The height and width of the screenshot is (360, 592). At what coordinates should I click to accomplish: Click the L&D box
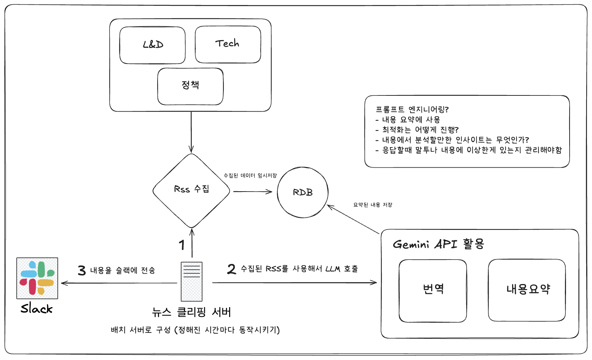(x=153, y=45)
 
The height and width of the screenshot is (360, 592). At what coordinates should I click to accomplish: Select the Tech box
(x=228, y=44)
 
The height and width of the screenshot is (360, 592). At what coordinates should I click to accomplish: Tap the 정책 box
(x=190, y=86)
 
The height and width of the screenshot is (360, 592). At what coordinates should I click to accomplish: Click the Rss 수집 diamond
(x=191, y=190)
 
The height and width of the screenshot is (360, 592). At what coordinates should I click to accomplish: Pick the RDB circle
(x=303, y=192)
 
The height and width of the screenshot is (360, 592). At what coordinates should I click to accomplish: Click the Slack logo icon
(x=37, y=278)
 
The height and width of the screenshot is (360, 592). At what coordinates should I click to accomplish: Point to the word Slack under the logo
(x=37, y=309)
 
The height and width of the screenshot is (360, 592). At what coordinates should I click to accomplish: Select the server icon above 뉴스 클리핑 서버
(x=192, y=282)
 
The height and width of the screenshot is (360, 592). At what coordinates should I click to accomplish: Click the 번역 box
(x=433, y=290)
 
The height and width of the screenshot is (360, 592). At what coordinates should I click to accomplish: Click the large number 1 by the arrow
(x=182, y=245)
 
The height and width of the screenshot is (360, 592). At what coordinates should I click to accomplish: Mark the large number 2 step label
(x=231, y=269)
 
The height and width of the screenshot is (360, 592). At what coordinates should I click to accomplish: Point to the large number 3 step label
(x=82, y=270)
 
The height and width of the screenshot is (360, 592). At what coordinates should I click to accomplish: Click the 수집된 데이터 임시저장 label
(x=250, y=176)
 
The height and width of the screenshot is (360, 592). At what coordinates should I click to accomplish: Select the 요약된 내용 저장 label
(x=373, y=205)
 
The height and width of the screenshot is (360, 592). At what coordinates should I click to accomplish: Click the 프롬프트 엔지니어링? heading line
(x=412, y=110)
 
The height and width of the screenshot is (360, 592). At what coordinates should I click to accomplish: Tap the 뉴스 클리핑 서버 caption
(x=192, y=312)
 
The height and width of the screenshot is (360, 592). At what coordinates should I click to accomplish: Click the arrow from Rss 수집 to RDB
(x=252, y=192)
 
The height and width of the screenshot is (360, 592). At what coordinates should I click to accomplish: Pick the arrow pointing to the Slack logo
(x=119, y=283)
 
